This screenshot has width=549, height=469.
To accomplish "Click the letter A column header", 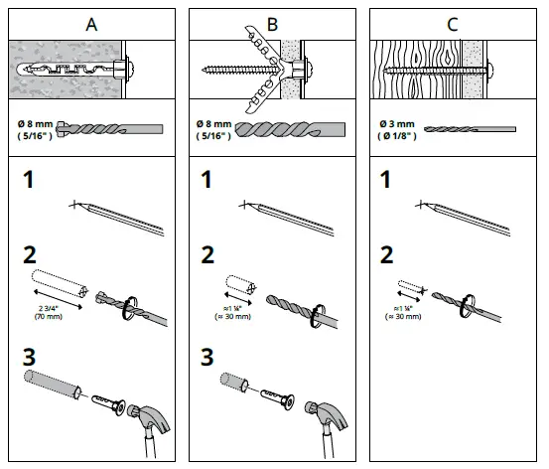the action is tap(91, 25).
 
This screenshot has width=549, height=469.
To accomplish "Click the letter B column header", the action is tap(272, 25).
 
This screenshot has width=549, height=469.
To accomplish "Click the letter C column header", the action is tap(453, 25).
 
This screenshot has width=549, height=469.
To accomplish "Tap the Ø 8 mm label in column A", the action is tap(35, 124).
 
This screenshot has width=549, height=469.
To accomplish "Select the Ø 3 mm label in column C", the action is tap(397, 124).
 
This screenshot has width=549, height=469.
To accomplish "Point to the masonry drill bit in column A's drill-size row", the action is tap(109, 129).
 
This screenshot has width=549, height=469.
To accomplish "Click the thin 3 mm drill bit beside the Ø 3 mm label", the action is tap(470, 129).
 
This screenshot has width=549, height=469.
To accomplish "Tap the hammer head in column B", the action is tap(327, 416).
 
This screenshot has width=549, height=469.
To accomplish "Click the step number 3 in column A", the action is tap(29, 357).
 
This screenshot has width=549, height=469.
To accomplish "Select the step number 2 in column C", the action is tap(386, 254).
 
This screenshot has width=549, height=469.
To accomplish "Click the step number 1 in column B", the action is tap(206, 179).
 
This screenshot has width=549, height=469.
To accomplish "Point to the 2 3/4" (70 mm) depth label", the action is tap(49, 312).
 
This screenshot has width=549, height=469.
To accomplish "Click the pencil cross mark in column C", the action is tap(421, 205).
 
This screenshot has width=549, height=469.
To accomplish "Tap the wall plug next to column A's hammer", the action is tap(109, 404).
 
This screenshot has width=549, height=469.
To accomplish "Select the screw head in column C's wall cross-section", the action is tap(490, 71).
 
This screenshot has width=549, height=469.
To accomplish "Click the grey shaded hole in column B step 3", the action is tap(234, 383).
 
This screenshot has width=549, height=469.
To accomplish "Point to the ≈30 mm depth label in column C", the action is tap(403, 312).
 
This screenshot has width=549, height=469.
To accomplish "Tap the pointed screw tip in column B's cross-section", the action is tap(204, 70).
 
